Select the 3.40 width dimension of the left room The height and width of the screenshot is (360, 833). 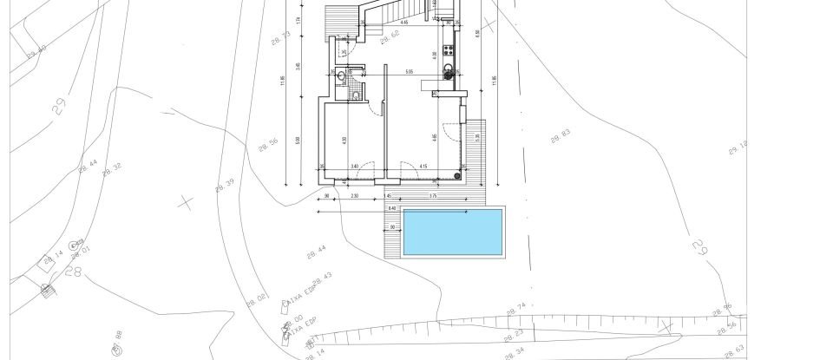(x=354, y=166)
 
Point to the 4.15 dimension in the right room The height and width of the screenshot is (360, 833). (x=423, y=166)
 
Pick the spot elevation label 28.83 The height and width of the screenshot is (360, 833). (x=561, y=136)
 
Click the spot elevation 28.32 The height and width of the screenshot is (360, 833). (x=112, y=169)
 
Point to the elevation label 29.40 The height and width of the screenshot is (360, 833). (x=36, y=52)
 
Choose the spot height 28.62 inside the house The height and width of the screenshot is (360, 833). (x=389, y=35)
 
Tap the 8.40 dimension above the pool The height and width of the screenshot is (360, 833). (x=391, y=208)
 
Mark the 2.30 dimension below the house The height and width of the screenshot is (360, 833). (x=355, y=197)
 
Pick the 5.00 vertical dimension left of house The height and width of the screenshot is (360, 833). (x=298, y=141)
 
